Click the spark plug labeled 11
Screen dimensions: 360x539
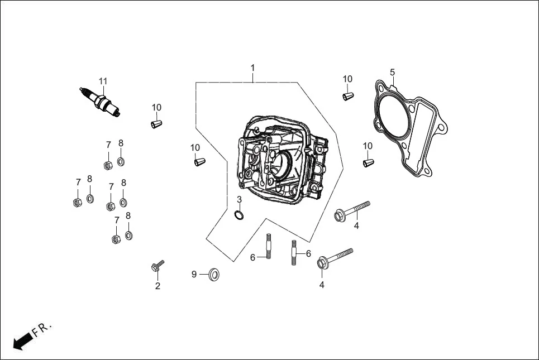pos(101,101)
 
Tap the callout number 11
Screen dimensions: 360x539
pos(103,81)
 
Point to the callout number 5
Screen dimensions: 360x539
pos(392,72)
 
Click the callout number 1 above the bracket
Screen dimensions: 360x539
pos(252,68)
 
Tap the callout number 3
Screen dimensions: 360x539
pos(239,199)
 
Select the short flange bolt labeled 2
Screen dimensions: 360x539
pos(156,267)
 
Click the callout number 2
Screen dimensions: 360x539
pos(158,286)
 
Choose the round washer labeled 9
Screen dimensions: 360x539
pos(214,274)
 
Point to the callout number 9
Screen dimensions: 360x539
pos(194,274)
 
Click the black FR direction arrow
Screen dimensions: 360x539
pos(22,341)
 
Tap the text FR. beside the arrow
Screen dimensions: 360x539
pos(42,329)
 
